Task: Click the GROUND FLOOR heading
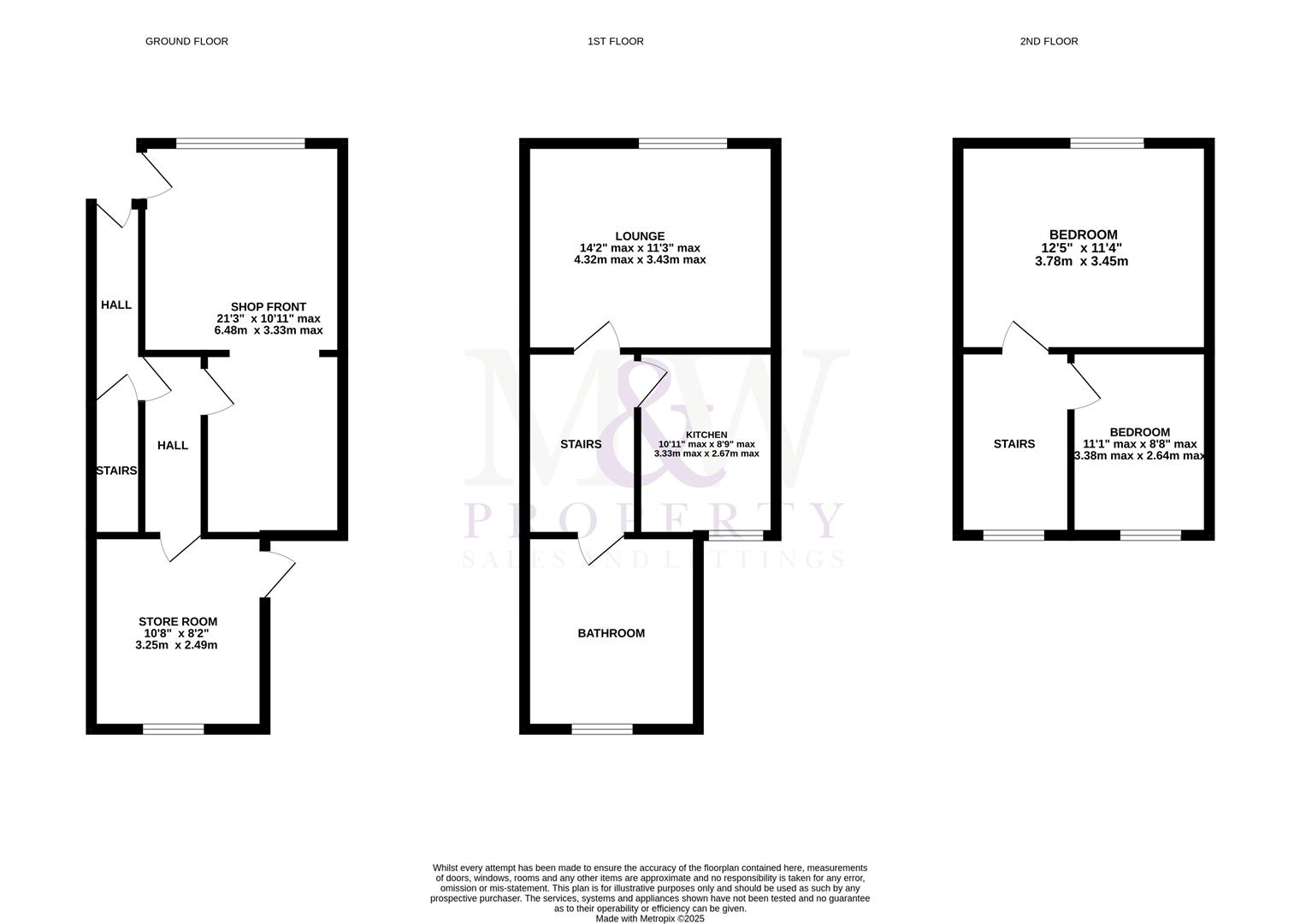point(186,41)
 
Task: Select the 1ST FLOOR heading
point(615,41)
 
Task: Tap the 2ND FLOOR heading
point(1049,41)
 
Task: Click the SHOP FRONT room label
point(268,307)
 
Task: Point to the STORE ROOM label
point(178,622)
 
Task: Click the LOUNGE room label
point(639,236)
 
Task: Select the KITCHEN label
point(706,435)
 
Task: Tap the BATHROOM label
point(611,633)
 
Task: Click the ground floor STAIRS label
point(116,471)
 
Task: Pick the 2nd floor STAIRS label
point(1013,444)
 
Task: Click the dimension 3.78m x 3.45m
point(1081,261)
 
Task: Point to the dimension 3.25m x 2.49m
point(176,645)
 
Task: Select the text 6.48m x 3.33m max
point(268,330)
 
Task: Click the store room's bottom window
point(174,729)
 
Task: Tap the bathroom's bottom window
point(602,729)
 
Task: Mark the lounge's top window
point(682,144)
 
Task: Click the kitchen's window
point(736,536)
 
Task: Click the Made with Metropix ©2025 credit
point(649,919)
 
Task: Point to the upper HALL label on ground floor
point(116,305)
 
